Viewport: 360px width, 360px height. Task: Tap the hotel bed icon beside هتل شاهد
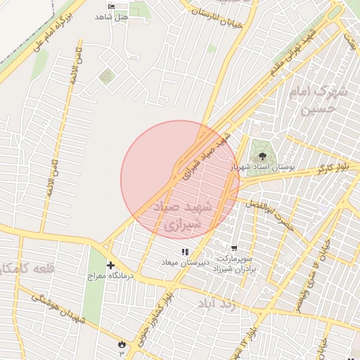pyautogui.click(x=110, y=6)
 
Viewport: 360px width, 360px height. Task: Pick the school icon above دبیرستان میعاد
pyautogui.click(x=185, y=251)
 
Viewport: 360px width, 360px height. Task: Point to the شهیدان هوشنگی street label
pyautogui.click(x=58, y=307)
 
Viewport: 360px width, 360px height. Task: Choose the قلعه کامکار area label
pyautogui.click(x=21, y=268)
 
